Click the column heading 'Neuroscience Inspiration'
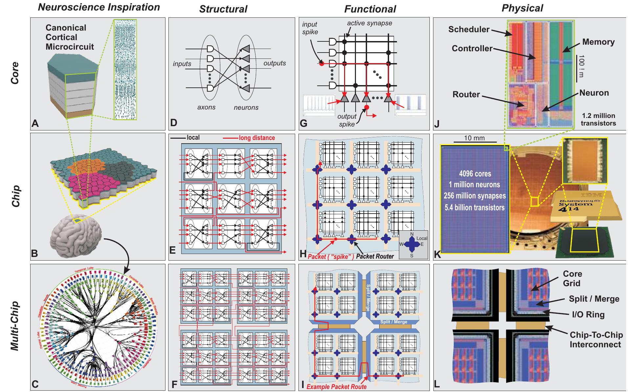99,7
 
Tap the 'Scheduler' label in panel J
469,29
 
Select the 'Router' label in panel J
466,95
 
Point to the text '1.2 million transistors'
598,120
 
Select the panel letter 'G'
304,124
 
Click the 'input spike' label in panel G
310,28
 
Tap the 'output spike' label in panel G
347,120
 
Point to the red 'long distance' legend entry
256,138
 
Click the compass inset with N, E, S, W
413,244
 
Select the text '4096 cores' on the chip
474,173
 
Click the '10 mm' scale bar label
474,138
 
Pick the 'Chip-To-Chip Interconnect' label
596,340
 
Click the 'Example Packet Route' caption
336,387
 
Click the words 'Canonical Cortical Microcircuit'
70,37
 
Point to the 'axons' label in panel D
206,107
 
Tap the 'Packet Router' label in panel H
375,256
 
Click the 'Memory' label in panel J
598,42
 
